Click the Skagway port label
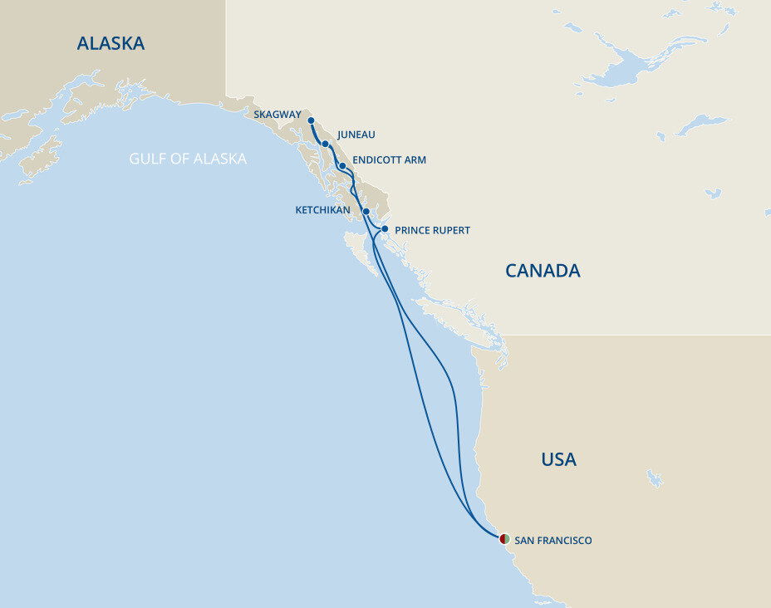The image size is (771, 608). (x=278, y=115)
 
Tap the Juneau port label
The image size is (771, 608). (x=356, y=135)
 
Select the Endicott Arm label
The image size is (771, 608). (x=389, y=159)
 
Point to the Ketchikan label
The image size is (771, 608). (x=322, y=210)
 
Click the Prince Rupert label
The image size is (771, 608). (x=432, y=230)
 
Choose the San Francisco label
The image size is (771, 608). (x=553, y=541)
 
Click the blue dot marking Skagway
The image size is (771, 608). (x=311, y=120)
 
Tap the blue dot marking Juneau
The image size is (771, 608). (x=326, y=145)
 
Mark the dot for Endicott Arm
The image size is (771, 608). (x=342, y=166)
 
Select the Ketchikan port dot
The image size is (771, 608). (x=366, y=212)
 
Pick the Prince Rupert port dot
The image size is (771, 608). (x=385, y=228)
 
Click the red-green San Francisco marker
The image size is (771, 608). (x=504, y=539)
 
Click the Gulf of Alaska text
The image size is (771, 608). (x=188, y=159)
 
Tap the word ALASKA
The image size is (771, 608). (x=110, y=43)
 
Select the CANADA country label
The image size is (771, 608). (x=543, y=270)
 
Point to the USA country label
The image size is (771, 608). (x=558, y=459)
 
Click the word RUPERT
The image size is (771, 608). (x=451, y=230)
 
